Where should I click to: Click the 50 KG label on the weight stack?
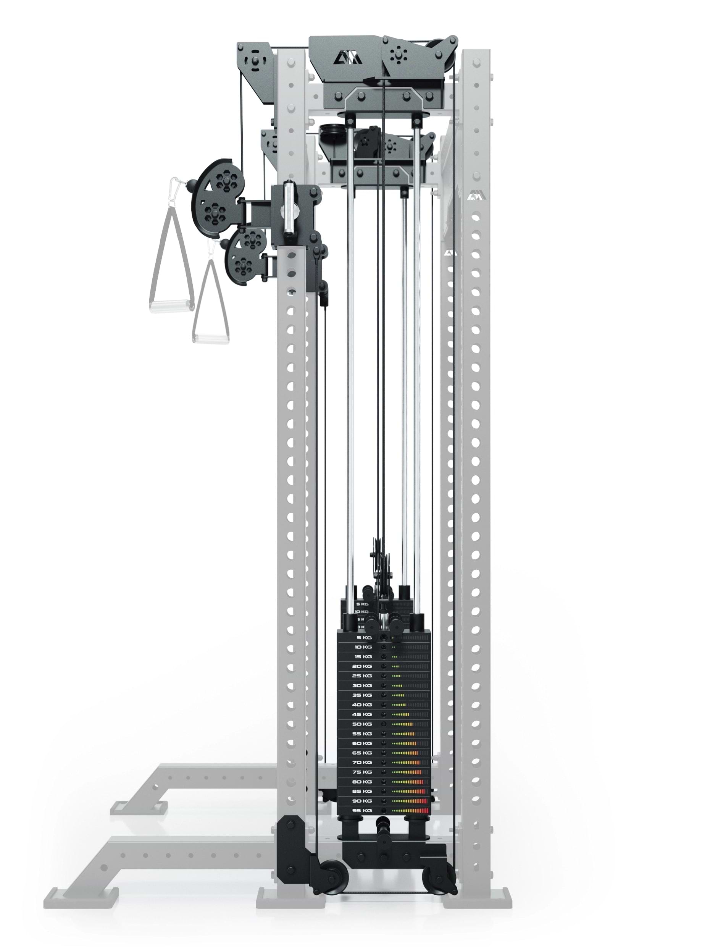pos(361,724)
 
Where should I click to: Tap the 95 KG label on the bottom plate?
pos(361,811)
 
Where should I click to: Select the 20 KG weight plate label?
pos(361,667)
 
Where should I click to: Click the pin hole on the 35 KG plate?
pos(384,696)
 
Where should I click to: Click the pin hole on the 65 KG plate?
pos(384,753)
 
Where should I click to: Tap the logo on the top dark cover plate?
pos(348,57)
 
